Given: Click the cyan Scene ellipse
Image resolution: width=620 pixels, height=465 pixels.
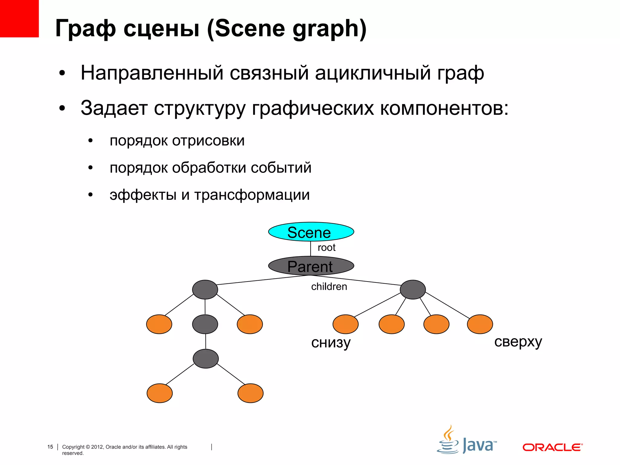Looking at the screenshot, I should (x=311, y=232).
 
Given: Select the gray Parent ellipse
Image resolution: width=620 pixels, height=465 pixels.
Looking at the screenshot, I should (x=311, y=266).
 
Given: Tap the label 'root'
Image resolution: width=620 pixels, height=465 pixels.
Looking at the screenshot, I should (x=326, y=248).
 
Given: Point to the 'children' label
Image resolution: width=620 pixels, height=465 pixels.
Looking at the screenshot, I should (x=329, y=286).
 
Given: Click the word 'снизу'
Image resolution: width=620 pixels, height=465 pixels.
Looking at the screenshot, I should (x=331, y=343).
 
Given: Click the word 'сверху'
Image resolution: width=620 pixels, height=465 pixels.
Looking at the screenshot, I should (x=518, y=342).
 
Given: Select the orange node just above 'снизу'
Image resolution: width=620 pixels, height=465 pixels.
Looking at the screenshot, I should (x=345, y=324).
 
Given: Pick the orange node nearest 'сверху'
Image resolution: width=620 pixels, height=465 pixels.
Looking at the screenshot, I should (x=480, y=324).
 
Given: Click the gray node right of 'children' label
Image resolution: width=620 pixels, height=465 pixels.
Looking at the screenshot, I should (x=413, y=290).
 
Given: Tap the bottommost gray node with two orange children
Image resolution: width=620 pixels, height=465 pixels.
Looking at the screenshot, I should (x=206, y=359).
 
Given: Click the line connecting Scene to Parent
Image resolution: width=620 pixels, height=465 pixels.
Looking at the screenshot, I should (x=311, y=249).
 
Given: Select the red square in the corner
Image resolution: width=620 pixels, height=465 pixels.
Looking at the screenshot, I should (x=19, y=18).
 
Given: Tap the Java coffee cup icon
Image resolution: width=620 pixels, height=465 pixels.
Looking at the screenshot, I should (x=448, y=440).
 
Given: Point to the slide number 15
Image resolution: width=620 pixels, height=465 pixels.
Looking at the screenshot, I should (x=50, y=447).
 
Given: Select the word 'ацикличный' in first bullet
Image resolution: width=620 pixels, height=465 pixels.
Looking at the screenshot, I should (x=373, y=73).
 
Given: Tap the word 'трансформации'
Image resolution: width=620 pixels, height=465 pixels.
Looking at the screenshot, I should (x=252, y=195).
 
